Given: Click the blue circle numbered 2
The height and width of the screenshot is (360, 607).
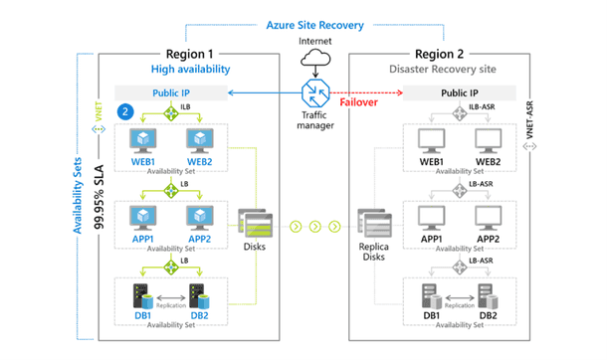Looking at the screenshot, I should pos(125,113).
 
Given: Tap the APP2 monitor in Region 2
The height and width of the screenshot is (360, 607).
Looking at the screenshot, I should pos(489,218).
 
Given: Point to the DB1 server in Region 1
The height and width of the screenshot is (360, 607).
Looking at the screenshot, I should pos(144,294).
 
